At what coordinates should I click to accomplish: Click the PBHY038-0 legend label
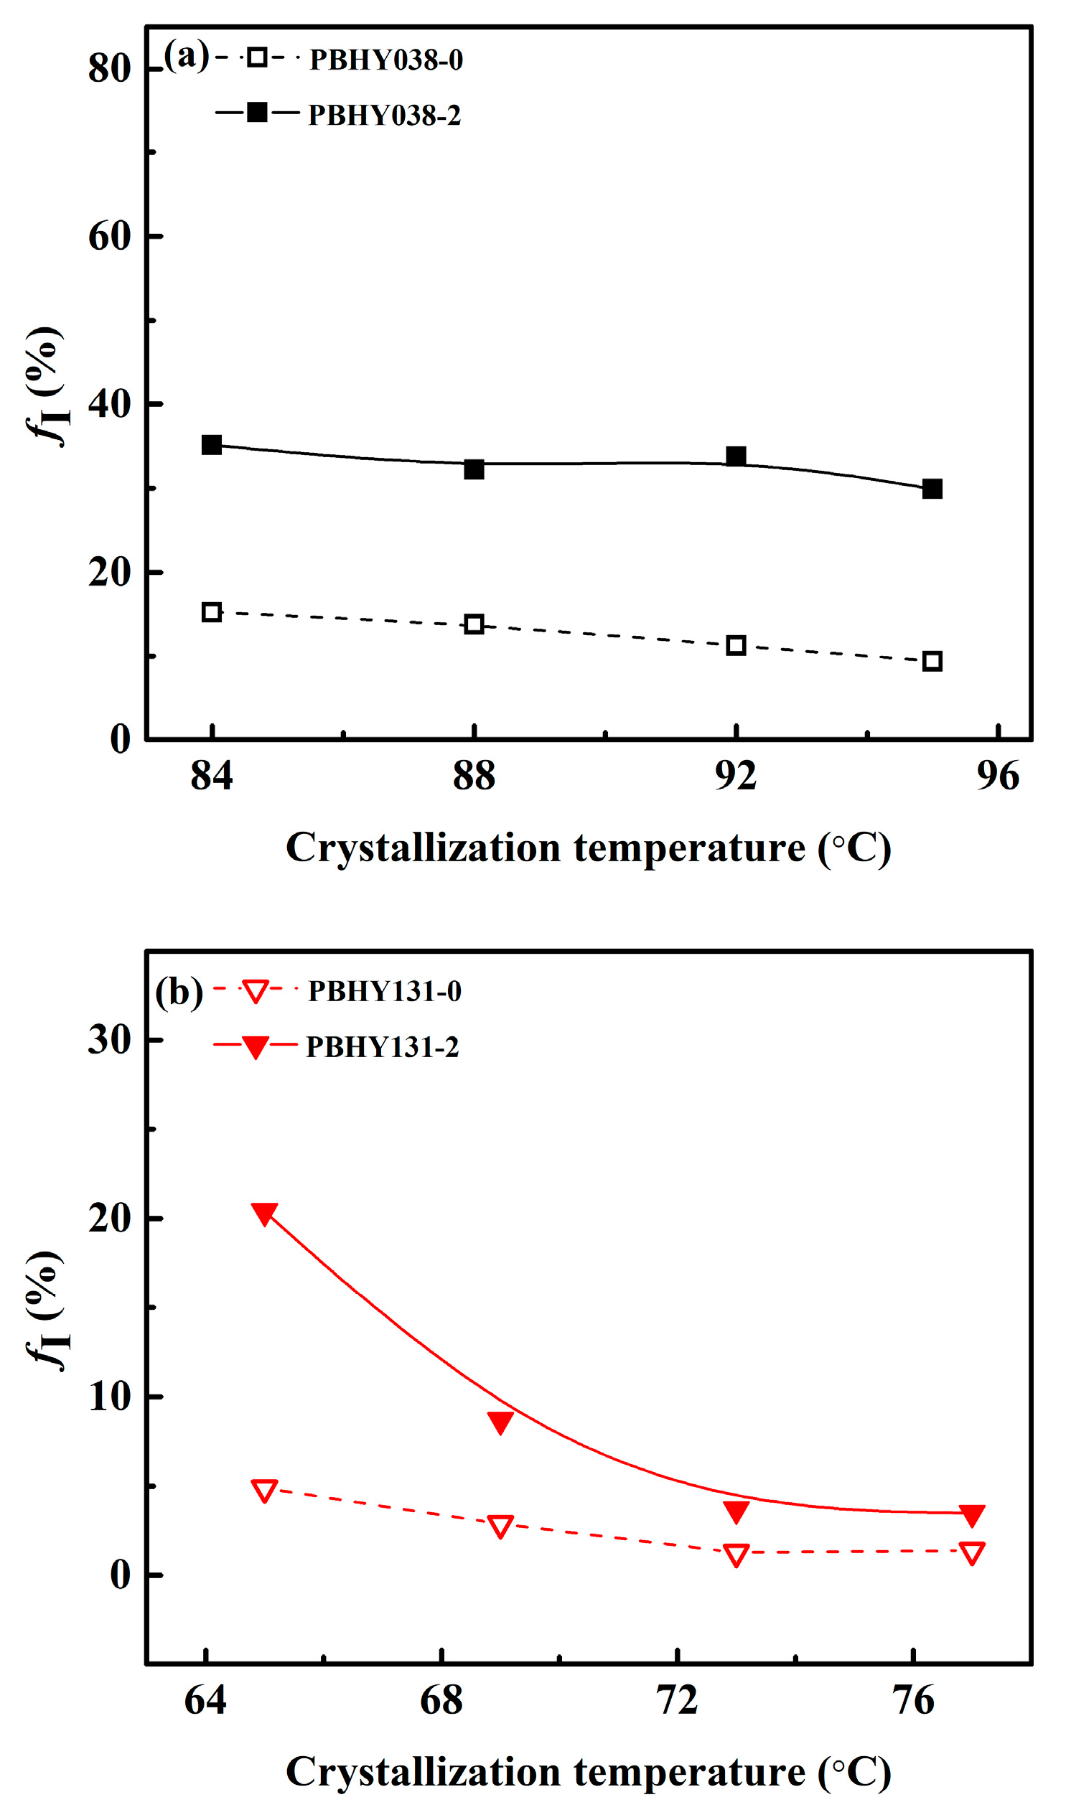pyautogui.click(x=386, y=60)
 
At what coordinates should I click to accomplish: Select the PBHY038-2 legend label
pyautogui.click(x=384, y=116)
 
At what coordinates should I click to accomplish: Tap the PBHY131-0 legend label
pyautogui.click(x=385, y=991)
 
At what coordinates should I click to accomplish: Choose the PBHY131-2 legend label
pyautogui.click(x=383, y=1046)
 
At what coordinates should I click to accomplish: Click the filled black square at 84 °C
pyautogui.click(x=212, y=444)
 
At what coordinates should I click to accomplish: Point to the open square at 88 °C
pyautogui.click(x=474, y=624)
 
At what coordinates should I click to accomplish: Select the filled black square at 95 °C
pyautogui.click(x=932, y=489)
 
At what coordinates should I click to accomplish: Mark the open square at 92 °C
pyautogui.click(x=735, y=645)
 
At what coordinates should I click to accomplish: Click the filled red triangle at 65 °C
pyautogui.click(x=264, y=1214)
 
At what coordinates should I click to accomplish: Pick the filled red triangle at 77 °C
pyautogui.click(x=972, y=1515)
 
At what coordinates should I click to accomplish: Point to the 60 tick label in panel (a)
pyautogui.click(x=110, y=237)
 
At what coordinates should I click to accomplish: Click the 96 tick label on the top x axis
pyautogui.click(x=997, y=777)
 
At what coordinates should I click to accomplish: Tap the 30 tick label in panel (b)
pyautogui.click(x=110, y=1039)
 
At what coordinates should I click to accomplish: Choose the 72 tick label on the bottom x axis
pyautogui.click(x=677, y=1700)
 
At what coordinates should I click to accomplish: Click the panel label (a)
pyautogui.click(x=186, y=55)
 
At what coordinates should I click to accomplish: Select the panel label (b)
pyautogui.click(x=179, y=993)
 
